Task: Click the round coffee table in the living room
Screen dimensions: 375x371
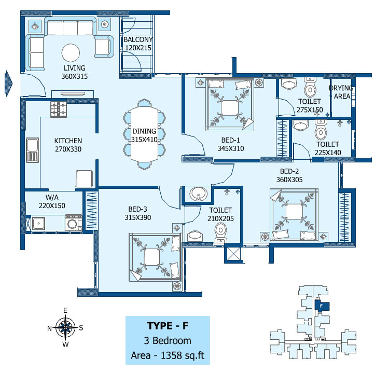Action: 71,53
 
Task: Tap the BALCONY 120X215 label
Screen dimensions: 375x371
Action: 138,44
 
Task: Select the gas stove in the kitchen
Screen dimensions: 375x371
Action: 59,109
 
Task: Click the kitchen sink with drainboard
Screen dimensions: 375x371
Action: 32,150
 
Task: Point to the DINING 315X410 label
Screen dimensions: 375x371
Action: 144,135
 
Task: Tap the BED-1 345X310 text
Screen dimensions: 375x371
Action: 230,144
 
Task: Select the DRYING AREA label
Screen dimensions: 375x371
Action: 342,92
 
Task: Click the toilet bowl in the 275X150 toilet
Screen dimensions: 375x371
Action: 310,88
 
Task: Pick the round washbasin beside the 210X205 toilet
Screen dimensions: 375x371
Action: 198,193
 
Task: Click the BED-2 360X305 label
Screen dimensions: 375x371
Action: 289,175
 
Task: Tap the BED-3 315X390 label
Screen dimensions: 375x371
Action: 138,213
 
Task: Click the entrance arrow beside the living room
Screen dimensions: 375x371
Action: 8,84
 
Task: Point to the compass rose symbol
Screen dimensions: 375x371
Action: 65,327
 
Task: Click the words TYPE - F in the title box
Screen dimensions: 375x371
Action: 168,325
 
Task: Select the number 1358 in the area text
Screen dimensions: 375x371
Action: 171,355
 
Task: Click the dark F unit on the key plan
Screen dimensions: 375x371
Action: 322,306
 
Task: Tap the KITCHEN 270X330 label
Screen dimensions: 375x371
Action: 68,145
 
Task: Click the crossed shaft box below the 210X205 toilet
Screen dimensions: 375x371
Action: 233,254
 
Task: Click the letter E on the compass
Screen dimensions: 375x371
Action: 65,310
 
